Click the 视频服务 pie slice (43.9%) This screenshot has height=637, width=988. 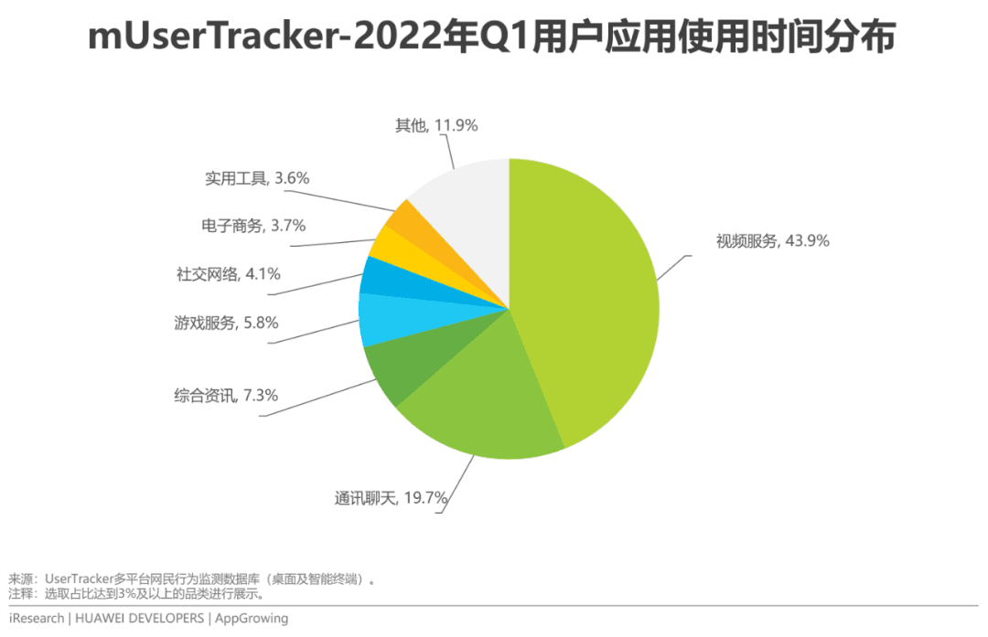click(585, 292)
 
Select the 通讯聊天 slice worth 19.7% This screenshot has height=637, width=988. click(476, 402)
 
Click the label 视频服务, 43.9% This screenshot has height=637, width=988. click(772, 241)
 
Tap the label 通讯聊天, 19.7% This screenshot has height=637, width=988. click(390, 498)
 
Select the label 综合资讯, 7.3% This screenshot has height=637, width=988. click(226, 396)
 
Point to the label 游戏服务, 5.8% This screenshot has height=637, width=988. click(226, 323)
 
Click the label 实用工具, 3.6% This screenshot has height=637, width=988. click(257, 178)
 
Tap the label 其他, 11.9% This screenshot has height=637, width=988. click(436, 125)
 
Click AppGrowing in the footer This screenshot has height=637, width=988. click(251, 619)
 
